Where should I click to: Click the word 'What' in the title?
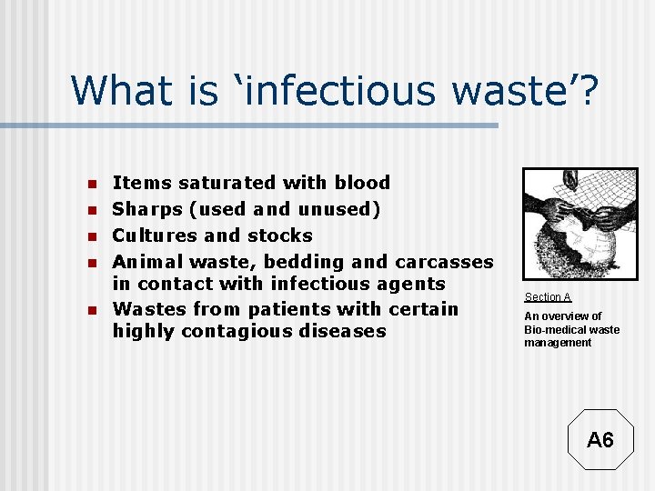(x=120, y=90)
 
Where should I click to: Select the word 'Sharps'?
(x=146, y=209)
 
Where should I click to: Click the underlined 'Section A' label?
(x=548, y=297)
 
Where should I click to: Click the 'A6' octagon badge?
(x=600, y=440)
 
